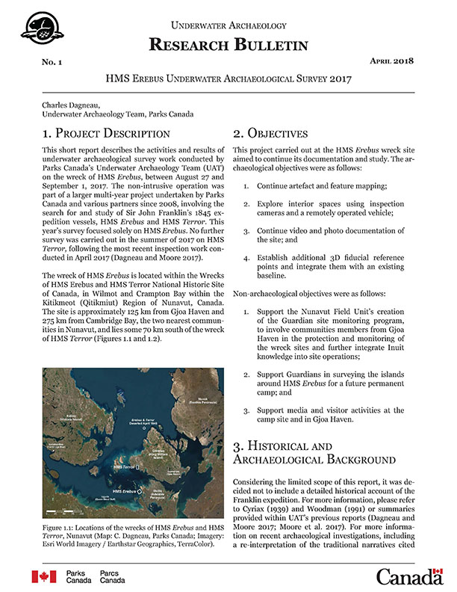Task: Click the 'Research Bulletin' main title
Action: click(228, 45)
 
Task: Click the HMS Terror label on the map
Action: click(125, 466)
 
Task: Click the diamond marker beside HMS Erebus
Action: click(140, 491)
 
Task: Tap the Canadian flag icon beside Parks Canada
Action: click(43, 576)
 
